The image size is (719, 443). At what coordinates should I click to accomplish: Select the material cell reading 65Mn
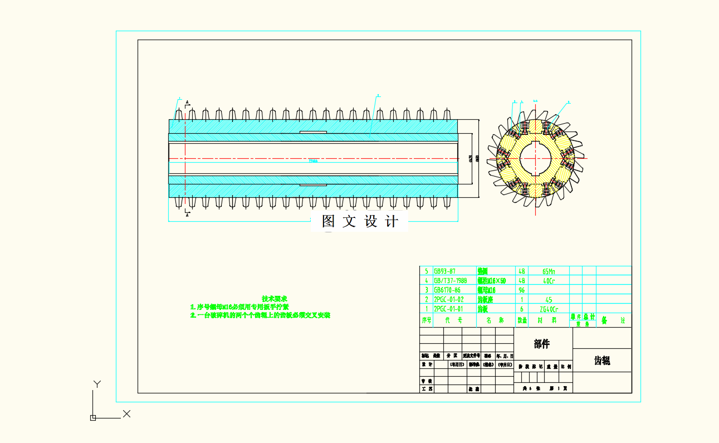(549, 271)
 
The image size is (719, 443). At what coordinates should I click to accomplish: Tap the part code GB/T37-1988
(450, 280)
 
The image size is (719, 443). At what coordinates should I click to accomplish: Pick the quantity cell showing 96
(522, 290)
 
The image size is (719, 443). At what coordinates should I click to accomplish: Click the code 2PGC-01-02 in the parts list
(448, 299)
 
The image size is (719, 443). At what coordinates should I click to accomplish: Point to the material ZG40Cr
(549, 309)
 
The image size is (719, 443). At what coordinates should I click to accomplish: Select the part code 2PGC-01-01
(448, 309)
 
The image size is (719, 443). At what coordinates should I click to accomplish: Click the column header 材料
(549, 320)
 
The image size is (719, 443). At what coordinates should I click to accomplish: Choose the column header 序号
(427, 320)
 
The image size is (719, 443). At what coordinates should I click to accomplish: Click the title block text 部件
(542, 344)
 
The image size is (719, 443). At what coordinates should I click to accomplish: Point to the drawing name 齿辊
(602, 361)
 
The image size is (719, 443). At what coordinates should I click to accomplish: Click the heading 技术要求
(275, 299)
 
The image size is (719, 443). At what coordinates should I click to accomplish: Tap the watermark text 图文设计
(360, 221)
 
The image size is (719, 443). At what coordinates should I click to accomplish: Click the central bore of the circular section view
(535, 158)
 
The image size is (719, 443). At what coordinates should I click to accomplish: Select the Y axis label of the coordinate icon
(97, 384)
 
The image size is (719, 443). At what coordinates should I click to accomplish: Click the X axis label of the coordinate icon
(126, 413)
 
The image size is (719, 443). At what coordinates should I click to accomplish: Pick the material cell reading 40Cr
(549, 280)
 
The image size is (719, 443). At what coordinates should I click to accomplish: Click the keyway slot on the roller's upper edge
(313, 132)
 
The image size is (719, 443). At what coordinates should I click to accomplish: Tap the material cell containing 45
(549, 299)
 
